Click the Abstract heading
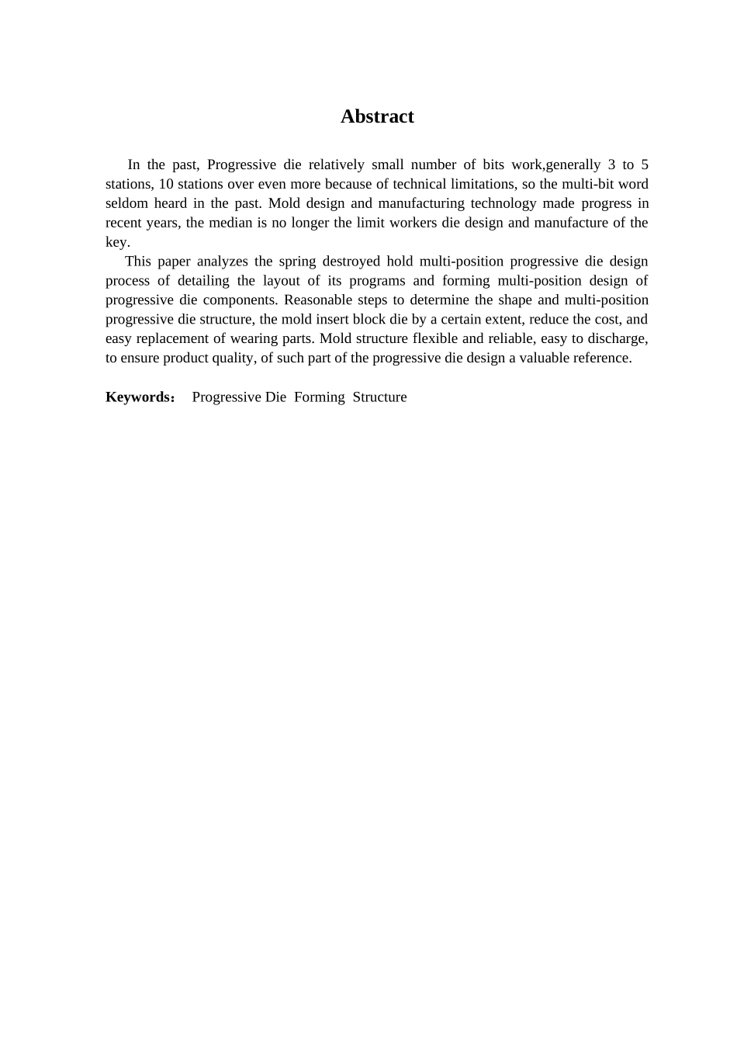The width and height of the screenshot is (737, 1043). (x=377, y=116)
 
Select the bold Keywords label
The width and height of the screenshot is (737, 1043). (x=138, y=397)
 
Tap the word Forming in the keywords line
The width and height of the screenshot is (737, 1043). (x=319, y=397)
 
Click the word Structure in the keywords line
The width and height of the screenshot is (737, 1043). (x=379, y=397)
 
